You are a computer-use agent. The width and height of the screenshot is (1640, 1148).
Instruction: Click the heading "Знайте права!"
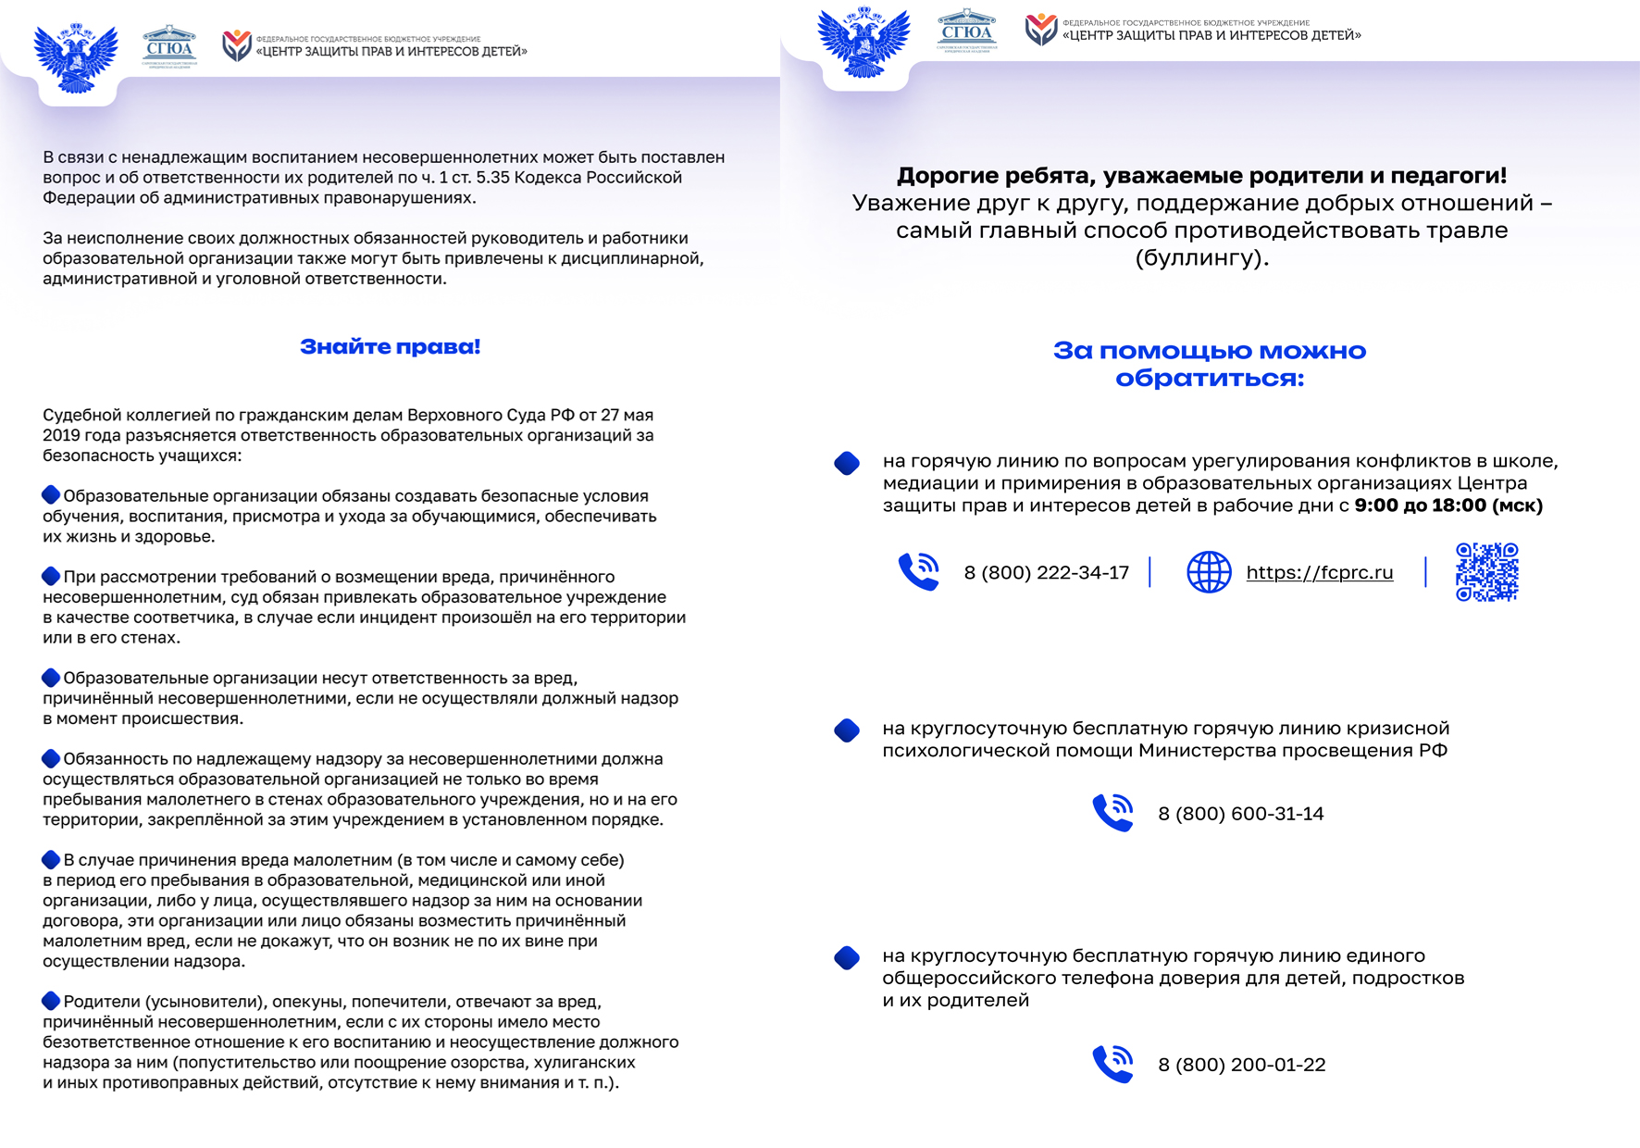(x=390, y=347)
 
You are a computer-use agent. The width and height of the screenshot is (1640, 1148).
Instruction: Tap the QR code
(x=1486, y=572)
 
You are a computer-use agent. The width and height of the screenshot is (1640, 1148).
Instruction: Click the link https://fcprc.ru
(x=1319, y=573)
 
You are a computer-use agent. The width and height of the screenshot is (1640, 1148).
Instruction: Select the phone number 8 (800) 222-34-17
(x=1046, y=573)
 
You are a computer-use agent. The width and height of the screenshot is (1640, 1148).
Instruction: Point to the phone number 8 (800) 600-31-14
(x=1240, y=814)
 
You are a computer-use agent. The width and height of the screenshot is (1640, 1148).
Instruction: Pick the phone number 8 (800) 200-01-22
(x=1241, y=1065)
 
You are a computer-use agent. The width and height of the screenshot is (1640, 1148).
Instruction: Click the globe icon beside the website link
(x=1209, y=572)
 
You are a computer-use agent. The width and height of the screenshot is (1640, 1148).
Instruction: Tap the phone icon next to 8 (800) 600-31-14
(x=1112, y=813)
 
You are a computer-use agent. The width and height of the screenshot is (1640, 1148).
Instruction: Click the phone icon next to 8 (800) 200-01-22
(x=1112, y=1064)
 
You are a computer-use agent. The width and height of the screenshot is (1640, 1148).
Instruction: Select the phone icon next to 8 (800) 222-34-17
(x=918, y=571)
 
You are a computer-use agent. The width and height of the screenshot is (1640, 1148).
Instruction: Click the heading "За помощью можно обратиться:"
(x=1209, y=364)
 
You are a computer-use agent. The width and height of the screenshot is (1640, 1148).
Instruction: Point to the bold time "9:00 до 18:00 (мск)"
(x=1448, y=505)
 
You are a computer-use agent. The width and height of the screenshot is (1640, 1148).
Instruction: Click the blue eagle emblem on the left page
(x=76, y=57)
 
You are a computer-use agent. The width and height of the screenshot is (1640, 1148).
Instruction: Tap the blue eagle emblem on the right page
(x=863, y=43)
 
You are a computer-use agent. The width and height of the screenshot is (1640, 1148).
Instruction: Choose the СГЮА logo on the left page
(x=169, y=46)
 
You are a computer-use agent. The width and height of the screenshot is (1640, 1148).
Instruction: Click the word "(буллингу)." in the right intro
(x=1201, y=258)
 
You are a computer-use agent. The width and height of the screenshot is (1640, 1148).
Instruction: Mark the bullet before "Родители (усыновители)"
(x=51, y=1001)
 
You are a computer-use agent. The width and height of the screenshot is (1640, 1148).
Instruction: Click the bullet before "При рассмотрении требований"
(x=51, y=577)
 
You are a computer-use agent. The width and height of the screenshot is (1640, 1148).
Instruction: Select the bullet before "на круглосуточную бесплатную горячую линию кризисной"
(x=847, y=730)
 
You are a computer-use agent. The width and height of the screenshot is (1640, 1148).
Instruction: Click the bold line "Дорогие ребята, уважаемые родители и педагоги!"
(x=1201, y=175)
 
